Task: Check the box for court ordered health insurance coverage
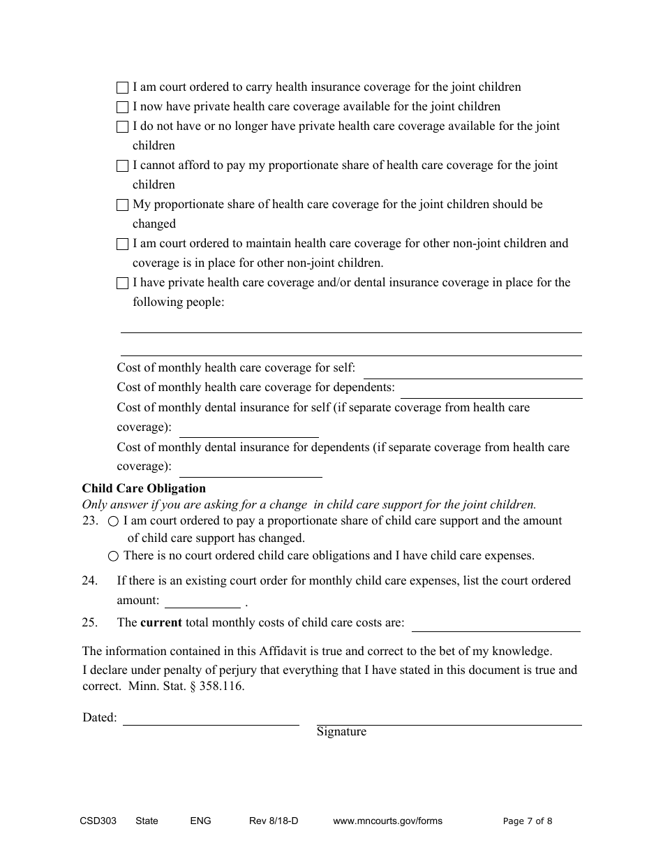point(122,88)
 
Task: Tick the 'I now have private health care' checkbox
point(122,108)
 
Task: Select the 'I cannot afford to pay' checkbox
point(122,166)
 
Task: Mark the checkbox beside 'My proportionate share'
point(122,205)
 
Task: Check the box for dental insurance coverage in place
point(122,284)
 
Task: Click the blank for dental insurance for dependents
point(251,469)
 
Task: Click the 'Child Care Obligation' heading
point(144,489)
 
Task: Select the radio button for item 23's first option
point(114,522)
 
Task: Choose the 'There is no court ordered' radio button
point(114,557)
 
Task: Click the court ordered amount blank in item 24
point(202,601)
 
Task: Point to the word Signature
point(341,732)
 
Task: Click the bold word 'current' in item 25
point(161,623)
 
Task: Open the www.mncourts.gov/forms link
point(387,821)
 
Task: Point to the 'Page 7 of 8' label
point(528,821)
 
